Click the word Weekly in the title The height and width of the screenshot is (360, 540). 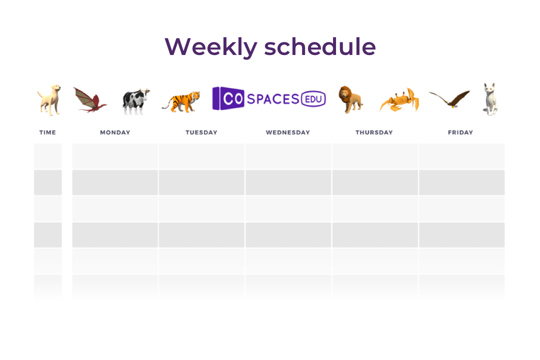211,47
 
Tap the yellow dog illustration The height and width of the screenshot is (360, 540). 49,99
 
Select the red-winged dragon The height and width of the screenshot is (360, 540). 90,99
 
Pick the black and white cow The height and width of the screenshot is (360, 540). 136,101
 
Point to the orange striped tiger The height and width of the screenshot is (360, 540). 181,101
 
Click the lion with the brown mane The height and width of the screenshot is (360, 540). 350,99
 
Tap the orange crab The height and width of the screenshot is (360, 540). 400,100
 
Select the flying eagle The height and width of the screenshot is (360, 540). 449,99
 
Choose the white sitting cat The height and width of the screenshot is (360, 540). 490,99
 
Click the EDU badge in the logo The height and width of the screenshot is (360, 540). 313,99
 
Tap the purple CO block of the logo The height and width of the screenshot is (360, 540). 228,98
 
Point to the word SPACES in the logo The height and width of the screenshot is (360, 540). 273,99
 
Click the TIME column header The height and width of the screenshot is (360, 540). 47,132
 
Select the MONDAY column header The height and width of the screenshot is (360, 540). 115,132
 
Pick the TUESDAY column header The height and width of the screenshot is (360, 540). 201,132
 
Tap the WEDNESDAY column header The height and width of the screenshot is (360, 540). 288,132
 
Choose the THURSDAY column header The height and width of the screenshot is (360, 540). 374,132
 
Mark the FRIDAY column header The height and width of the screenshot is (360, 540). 460,132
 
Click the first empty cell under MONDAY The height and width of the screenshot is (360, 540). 115,156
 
